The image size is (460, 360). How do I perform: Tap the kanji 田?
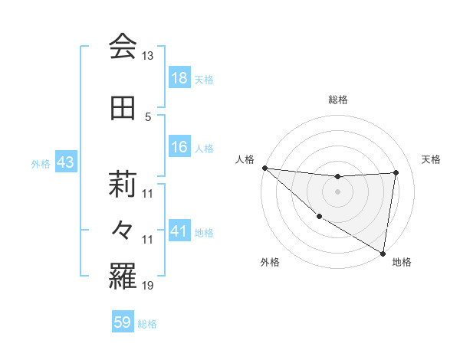tap(123, 108)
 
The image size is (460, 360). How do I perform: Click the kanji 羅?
tap(123, 278)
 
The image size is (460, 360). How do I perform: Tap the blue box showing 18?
tap(179, 78)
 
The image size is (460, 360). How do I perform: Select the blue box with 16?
tap(179, 147)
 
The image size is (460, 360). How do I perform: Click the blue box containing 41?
tap(179, 231)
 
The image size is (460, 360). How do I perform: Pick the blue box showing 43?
tap(65, 162)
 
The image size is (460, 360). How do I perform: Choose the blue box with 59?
tap(123, 322)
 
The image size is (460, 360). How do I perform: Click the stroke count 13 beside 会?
tap(148, 56)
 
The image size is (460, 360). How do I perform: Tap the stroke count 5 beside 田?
tap(148, 116)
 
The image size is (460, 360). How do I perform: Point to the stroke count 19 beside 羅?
tap(148, 286)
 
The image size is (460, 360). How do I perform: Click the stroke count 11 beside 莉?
tap(148, 193)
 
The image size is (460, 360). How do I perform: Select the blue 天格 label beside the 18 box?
tap(204, 79)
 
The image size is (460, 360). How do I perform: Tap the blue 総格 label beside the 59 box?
tap(147, 323)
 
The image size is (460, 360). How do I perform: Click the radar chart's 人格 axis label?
tap(245, 159)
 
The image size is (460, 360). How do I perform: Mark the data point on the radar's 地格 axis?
tap(382, 253)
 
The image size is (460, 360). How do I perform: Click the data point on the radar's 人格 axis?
tap(264, 167)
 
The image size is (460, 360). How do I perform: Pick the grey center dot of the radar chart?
tap(337, 191)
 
